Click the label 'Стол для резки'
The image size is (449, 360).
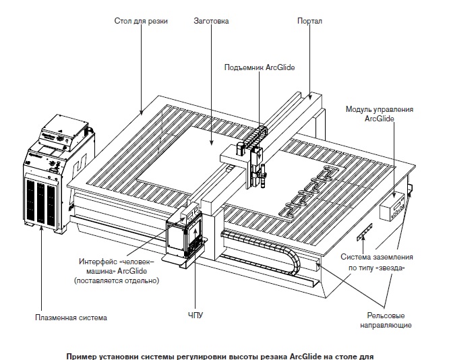point(141,22)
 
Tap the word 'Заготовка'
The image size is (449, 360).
point(211,22)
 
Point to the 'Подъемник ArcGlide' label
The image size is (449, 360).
point(261,67)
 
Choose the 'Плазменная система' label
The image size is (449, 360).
point(73,316)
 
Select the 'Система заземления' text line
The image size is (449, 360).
point(376,257)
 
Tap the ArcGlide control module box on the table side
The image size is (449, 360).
point(392,204)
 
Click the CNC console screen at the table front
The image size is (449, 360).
point(182,236)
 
